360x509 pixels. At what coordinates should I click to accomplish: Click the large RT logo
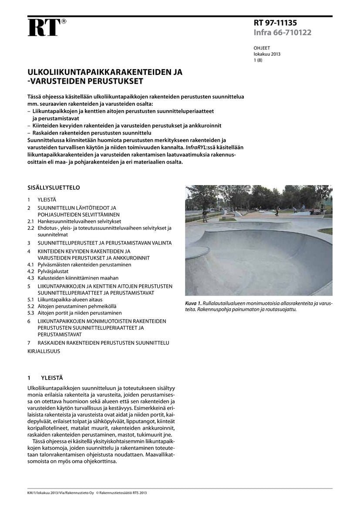[44, 28]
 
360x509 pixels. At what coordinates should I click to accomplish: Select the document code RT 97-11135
[275, 24]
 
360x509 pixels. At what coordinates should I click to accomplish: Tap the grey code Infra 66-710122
[283, 33]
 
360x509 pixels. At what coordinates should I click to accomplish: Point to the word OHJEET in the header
[262, 48]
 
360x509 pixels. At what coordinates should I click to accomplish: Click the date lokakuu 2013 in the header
[267, 54]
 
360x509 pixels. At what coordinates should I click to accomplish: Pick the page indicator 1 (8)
[258, 61]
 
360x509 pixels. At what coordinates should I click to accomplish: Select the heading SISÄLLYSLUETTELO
[54, 188]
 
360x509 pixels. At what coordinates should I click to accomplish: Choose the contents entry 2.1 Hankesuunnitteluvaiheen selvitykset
[74, 221]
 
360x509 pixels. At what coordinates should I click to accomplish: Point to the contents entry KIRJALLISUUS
[44, 351]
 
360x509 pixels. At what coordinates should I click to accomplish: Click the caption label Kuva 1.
[193, 303]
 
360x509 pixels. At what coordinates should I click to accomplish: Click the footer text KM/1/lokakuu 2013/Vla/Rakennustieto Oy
[60, 493]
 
